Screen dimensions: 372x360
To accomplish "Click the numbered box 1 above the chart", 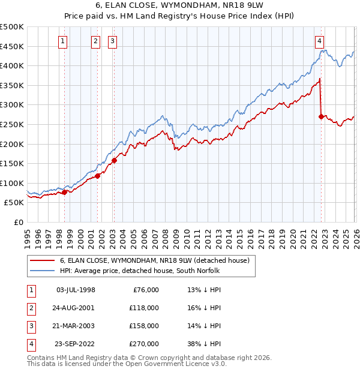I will click(x=64, y=41).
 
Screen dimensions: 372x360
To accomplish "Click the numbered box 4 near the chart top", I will click(x=319, y=41).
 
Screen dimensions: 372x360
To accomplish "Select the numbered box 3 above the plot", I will click(x=113, y=41).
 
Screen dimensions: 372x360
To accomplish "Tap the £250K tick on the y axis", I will click(x=12, y=124).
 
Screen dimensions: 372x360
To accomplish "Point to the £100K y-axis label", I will click(x=12, y=183).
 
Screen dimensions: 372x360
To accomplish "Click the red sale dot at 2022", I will click(x=321, y=117).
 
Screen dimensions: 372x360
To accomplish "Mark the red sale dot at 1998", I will click(x=64, y=193).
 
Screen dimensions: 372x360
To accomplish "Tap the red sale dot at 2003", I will click(x=114, y=160).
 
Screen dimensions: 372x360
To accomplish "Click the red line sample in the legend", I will click(x=41, y=260).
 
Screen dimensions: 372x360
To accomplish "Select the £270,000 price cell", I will click(x=143, y=344).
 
